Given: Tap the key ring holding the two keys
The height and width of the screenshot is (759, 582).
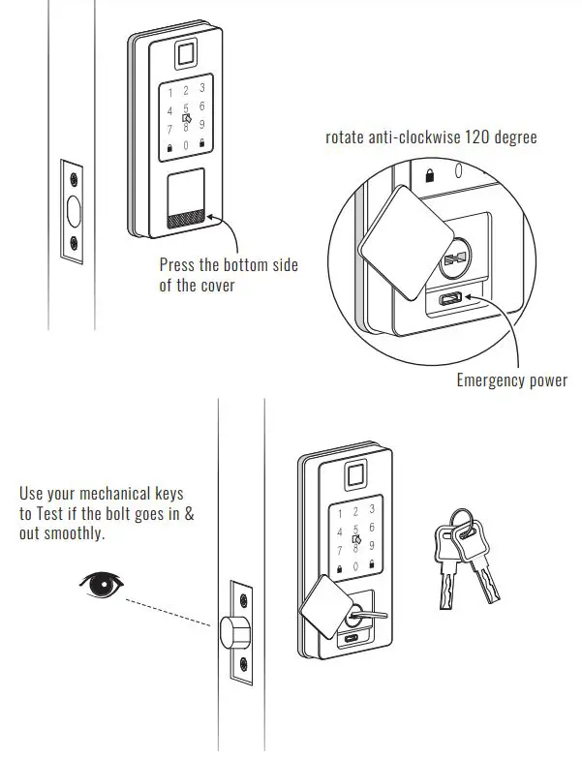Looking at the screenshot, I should click(x=463, y=522).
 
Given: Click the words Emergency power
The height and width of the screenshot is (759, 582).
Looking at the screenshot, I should click(x=511, y=380).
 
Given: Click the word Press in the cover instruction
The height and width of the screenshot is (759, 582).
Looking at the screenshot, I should click(x=179, y=265).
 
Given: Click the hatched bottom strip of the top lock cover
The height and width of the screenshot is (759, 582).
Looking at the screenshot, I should click(x=186, y=221).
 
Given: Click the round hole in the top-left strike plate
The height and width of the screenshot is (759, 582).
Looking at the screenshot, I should click(x=74, y=210).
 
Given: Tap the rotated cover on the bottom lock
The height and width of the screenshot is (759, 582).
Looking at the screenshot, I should click(x=325, y=606).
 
